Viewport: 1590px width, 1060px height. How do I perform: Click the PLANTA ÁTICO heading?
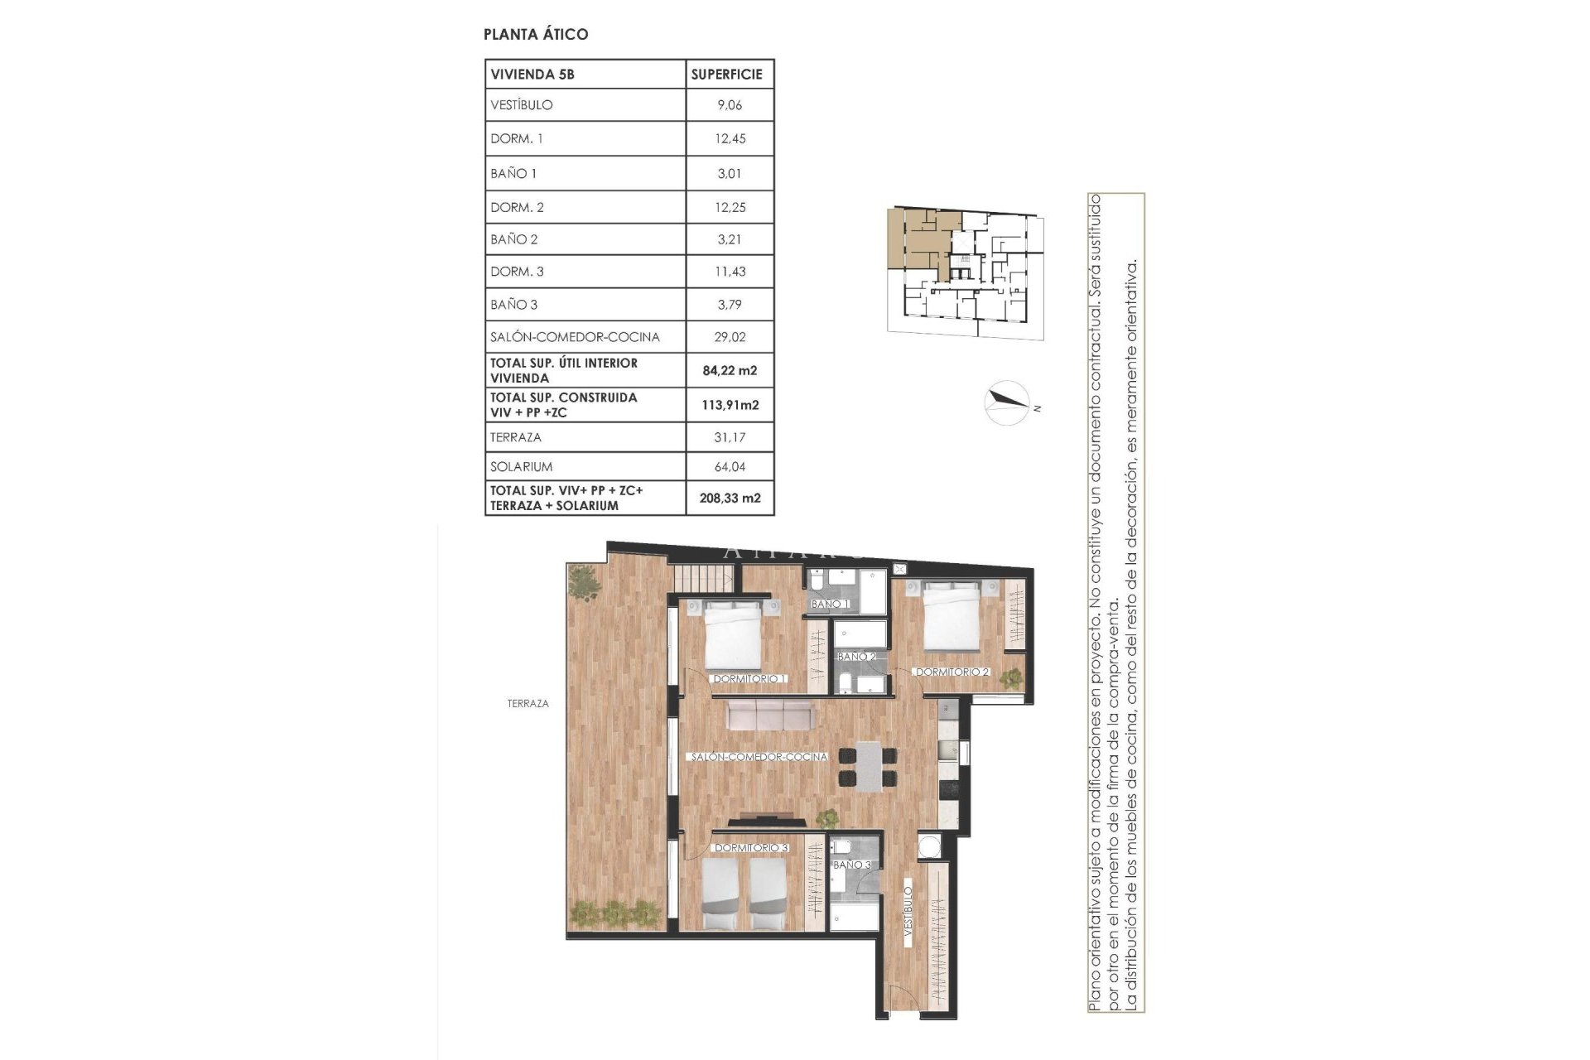[x=536, y=34]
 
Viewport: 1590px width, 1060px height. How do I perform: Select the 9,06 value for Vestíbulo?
[x=730, y=105]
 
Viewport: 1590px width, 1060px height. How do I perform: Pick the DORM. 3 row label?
[x=518, y=272]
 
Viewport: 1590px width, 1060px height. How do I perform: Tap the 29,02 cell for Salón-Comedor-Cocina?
[x=730, y=337]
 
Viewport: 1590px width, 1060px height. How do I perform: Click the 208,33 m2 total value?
[x=730, y=499]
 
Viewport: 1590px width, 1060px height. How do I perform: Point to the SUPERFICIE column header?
[x=726, y=74]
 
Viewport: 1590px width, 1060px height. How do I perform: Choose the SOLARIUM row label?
[x=522, y=467]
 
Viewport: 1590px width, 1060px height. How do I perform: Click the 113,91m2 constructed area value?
[x=730, y=405]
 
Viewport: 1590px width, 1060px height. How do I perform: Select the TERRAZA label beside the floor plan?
[x=528, y=704]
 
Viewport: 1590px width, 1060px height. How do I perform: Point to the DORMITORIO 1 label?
[x=749, y=679]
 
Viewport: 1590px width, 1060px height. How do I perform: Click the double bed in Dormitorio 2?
[x=952, y=616]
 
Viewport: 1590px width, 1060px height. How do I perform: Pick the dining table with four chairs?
[x=866, y=766]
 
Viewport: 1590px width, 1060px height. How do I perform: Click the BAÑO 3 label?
[x=852, y=865]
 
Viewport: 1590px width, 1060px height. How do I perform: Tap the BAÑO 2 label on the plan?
[x=856, y=657]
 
